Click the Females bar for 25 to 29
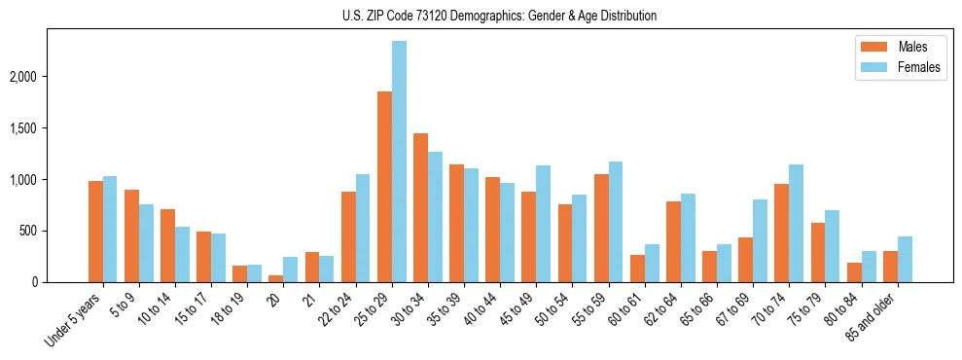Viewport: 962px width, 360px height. [399, 162]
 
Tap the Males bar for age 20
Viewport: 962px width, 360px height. [276, 278]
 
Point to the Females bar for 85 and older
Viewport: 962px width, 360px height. [905, 260]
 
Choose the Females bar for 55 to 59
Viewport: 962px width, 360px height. [616, 222]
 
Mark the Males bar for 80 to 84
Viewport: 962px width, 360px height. [854, 272]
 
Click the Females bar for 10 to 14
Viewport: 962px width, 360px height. [182, 255]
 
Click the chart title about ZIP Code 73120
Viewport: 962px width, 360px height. [499, 16]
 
